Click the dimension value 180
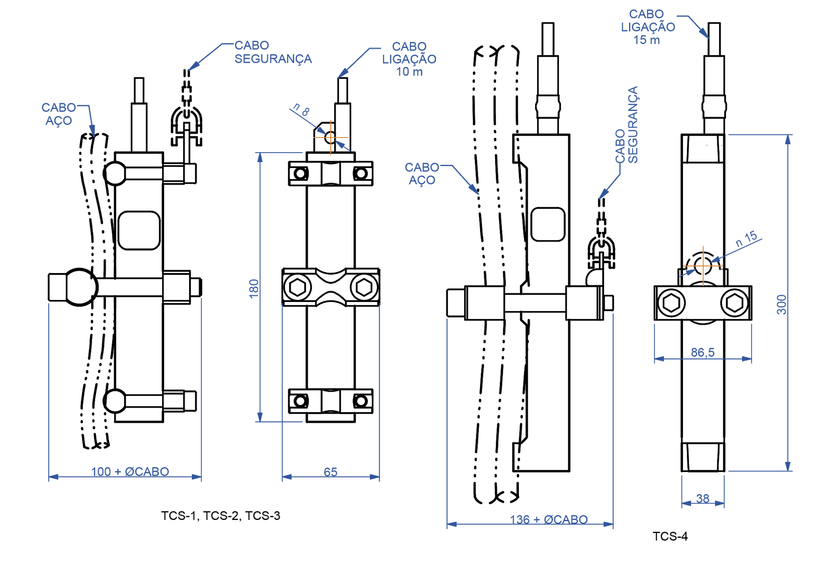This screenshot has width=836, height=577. (254, 288)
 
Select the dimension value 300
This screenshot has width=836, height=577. (781, 304)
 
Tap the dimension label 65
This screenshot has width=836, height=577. (331, 472)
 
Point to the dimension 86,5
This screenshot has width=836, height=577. (703, 352)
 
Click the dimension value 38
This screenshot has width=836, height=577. (703, 498)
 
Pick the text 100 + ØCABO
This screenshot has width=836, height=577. (130, 472)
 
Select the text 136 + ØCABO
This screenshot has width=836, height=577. (549, 519)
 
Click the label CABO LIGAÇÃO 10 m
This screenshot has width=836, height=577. (409, 59)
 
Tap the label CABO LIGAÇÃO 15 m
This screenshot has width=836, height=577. (648, 27)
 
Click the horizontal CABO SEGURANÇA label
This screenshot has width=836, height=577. (273, 52)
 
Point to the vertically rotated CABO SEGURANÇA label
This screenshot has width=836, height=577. (627, 125)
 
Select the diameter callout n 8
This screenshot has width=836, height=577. (302, 109)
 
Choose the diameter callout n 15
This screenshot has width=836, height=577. (747, 239)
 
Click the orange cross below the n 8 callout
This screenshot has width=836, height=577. (331, 138)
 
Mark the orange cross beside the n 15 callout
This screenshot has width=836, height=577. (703, 266)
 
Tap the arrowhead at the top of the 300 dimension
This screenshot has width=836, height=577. (788, 139)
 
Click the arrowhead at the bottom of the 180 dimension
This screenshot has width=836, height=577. (260, 417)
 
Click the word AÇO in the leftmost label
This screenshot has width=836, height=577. (59, 121)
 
